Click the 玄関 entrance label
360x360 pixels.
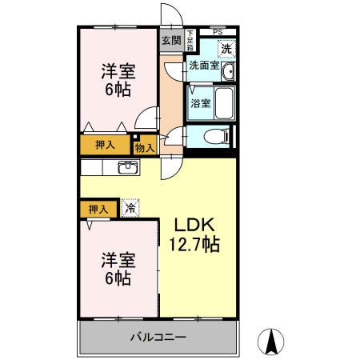coord(170,39)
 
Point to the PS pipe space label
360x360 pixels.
coord(218,31)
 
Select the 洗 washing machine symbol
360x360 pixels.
coord(226,48)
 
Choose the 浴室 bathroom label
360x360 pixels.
coord(201,102)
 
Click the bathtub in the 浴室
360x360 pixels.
coord(224,102)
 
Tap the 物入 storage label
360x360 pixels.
coord(144,147)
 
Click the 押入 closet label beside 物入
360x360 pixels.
coord(106,145)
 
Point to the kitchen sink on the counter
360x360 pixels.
coord(127,167)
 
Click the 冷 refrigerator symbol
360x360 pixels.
coord(130,209)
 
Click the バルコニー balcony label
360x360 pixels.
coord(158,337)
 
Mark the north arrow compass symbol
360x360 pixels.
coord(271,342)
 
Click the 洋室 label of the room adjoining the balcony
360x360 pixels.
coord(118,260)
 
